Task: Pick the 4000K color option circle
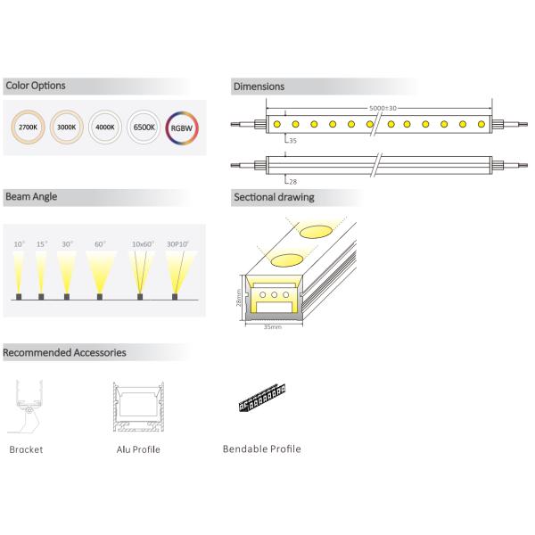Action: pyautogui.click(x=103, y=128)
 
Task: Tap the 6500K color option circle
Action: pyautogui.click(x=144, y=128)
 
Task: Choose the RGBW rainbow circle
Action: pyautogui.click(x=183, y=128)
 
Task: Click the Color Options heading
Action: pyautogui.click(x=35, y=86)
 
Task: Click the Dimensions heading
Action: pyautogui.click(x=259, y=86)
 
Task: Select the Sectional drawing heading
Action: pyautogui.click(x=273, y=196)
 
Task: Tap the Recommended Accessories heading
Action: pyautogui.click(x=64, y=352)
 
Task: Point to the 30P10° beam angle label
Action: pyautogui.click(x=178, y=243)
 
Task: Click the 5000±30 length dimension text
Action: pyautogui.click(x=383, y=108)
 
